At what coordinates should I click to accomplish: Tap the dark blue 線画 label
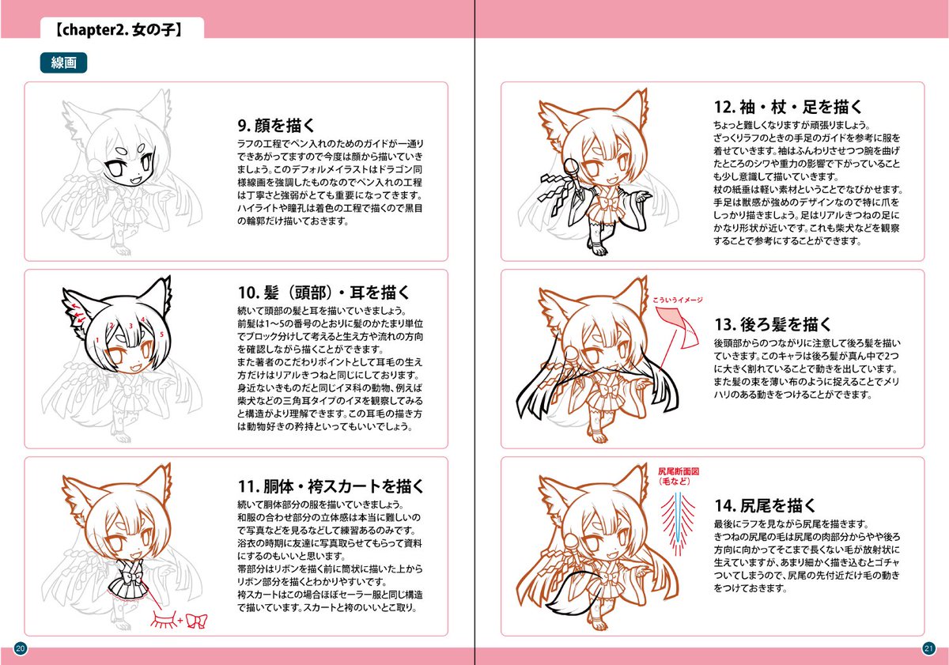63,64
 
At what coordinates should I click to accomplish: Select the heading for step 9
277,125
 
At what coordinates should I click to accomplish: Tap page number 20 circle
21,648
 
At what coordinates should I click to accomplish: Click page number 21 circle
928,648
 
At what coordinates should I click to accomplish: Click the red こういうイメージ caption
678,300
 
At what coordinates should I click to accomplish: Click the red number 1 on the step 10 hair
97,341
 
